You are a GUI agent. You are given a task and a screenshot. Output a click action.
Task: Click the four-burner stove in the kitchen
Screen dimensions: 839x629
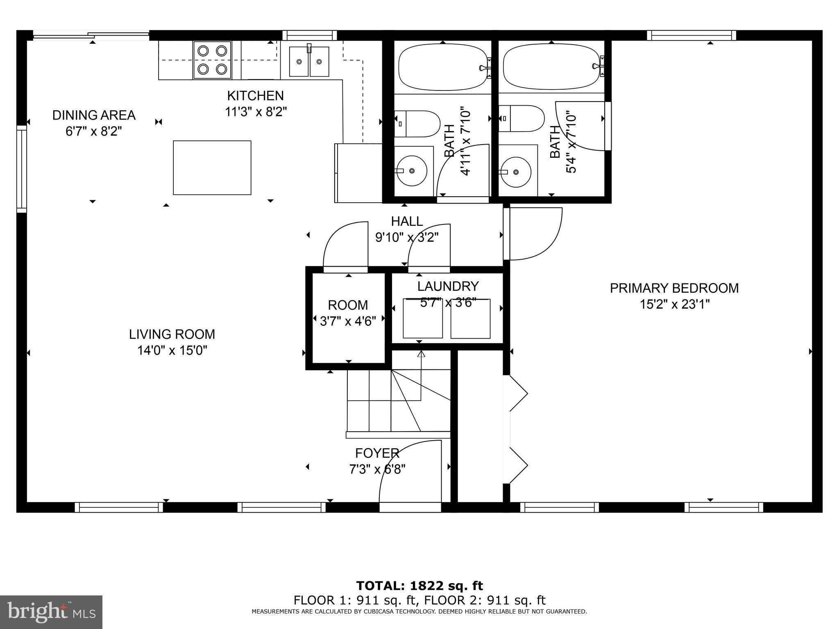click(x=212, y=60)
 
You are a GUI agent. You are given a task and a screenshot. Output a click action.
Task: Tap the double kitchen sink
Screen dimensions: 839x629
click(x=309, y=61)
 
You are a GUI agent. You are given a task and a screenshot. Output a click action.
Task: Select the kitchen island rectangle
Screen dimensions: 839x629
click(x=212, y=167)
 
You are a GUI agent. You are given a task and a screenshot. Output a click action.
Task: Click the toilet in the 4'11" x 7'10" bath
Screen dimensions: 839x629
click(x=417, y=124)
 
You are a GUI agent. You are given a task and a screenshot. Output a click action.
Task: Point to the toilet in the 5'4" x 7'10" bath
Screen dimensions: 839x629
click(x=522, y=118)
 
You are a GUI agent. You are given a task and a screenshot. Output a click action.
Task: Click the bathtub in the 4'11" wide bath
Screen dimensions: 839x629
click(x=443, y=68)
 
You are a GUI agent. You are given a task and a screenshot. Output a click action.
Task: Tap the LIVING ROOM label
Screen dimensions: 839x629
click(x=172, y=334)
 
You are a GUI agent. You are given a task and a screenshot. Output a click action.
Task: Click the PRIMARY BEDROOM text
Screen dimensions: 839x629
click(x=674, y=288)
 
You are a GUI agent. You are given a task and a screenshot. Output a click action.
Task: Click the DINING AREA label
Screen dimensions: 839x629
click(x=94, y=115)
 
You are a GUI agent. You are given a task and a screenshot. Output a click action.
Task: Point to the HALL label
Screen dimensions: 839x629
click(x=407, y=222)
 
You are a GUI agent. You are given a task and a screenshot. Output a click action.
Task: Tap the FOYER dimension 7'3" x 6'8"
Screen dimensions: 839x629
click(x=377, y=469)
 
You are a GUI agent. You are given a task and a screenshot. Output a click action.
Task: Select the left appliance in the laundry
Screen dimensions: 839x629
click(x=423, y=319)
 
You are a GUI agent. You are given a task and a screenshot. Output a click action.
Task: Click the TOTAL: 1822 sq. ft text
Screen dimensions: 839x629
click(x=419, y=586)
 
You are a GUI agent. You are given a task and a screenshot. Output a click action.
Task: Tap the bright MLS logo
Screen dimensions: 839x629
click(x=51, y=612)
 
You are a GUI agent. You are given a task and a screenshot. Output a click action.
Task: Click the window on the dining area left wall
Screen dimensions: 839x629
click(x=21, y=169)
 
